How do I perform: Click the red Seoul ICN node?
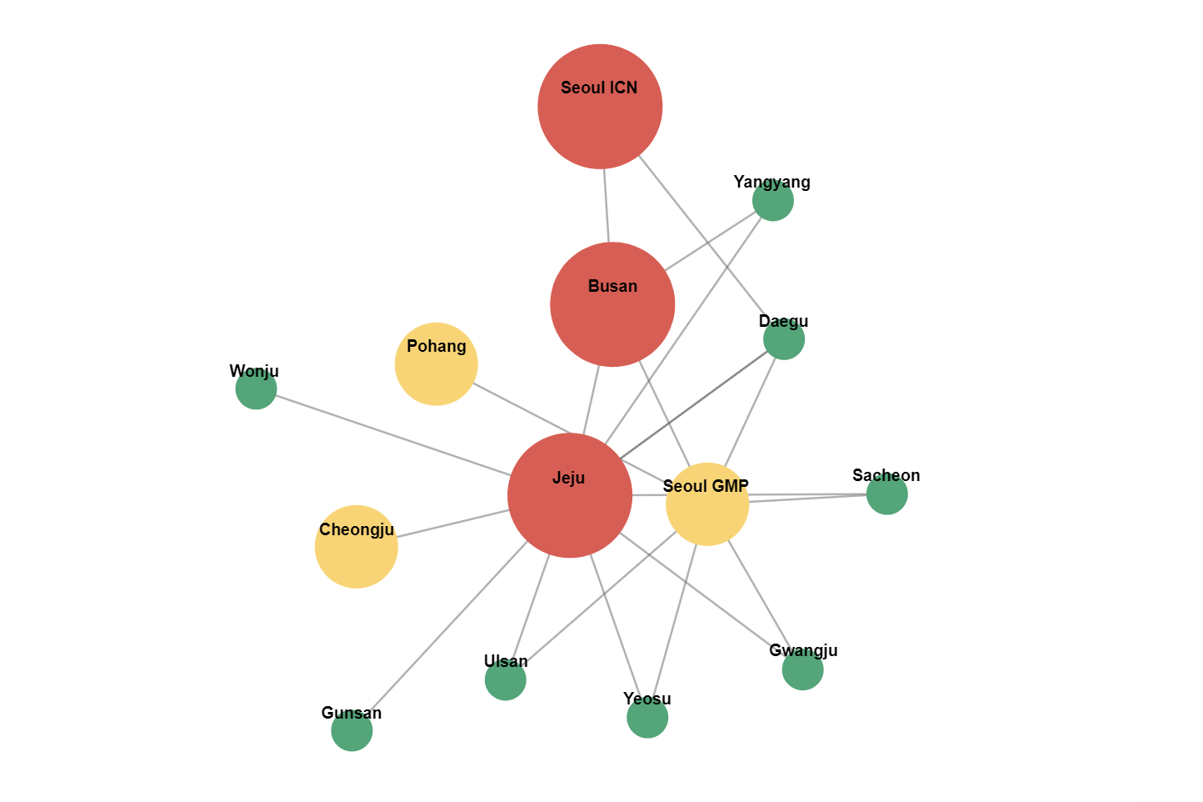(x=600, y=107)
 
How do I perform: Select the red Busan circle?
(x=612, y=305)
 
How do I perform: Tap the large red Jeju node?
(x=570, y=495)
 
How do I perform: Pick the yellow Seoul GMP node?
(x=707, y=504)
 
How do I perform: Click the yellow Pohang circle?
(x=436, y=364)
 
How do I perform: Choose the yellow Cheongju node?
(x=356, y=547)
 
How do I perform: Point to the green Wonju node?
(x=256, y=388)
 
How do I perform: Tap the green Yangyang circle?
(x=773, y=200)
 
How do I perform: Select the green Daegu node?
(x=784, y=339)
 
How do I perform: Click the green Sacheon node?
(x=887, y=494)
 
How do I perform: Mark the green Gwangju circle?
(x=803, y=669)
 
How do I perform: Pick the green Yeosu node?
(x=647, y=718)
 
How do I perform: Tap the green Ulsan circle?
(x=506, y=680)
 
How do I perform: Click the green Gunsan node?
(x=352, y=730)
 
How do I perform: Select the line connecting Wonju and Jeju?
(x=393, y=435)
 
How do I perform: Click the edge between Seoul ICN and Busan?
(x=606, y=206)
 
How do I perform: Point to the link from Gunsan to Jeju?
(x=448, y=627)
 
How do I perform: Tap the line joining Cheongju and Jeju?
(x=453, y=524)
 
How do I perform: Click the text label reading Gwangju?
(x=803, y=650)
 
